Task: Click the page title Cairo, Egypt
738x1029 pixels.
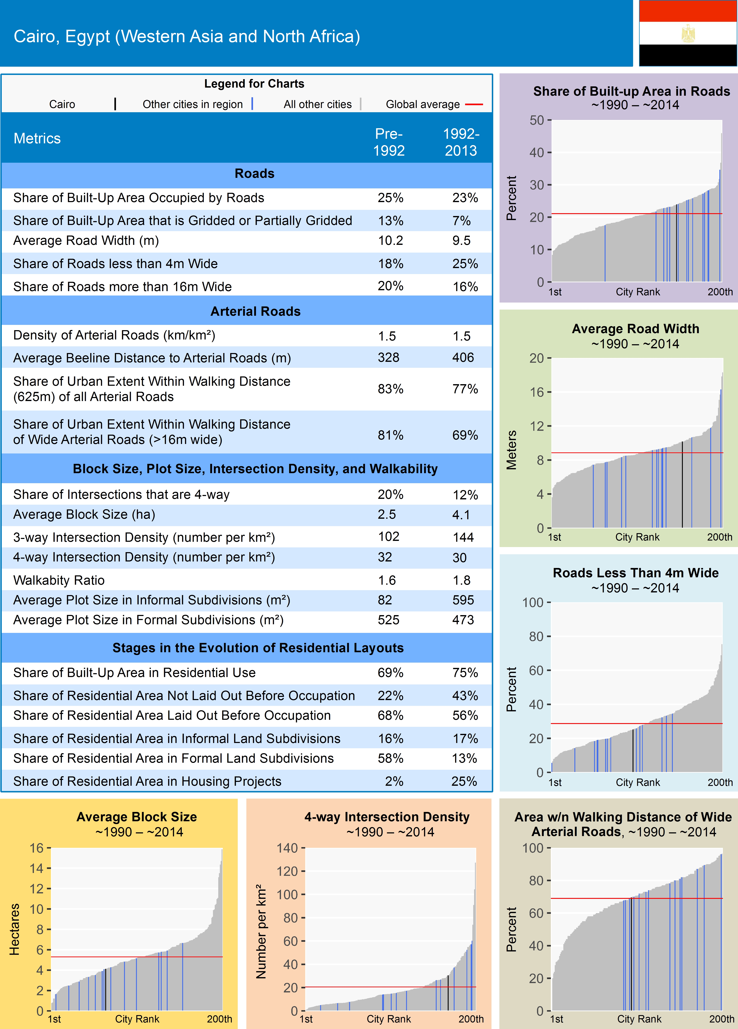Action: click(x=187, y=36)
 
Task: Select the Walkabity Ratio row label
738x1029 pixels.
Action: click(x=59, y=580)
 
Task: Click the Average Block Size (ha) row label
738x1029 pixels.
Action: click(x=84, y=514)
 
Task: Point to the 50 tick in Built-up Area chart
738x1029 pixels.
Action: click(x=537, y=120)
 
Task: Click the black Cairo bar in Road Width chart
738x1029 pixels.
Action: click(x=682, y=485)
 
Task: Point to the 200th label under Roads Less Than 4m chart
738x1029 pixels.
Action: click(x=720, y=782)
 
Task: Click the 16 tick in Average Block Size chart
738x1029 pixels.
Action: click(x=36, y=848)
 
